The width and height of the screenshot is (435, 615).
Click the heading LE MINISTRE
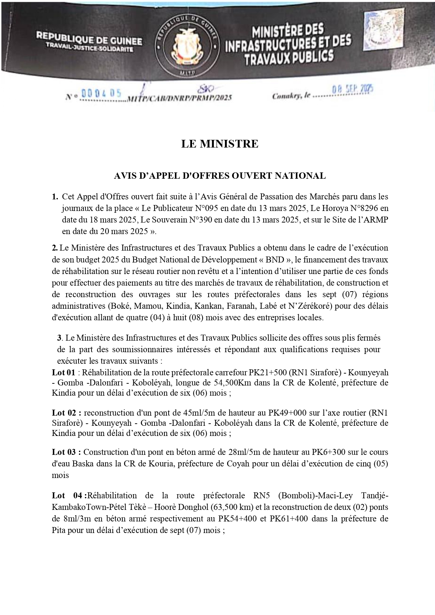pyautogui.click(x=220, y=144)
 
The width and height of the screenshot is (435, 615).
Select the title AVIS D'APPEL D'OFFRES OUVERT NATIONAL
pyautogui.click(x=220, y=176)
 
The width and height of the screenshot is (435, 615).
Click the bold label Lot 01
pyautogui.click(x=63, y=373)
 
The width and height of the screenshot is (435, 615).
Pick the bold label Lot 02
pyautogui.click(x=67, y=412)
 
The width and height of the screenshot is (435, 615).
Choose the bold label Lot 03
pyautogui.click(x=67, y=452)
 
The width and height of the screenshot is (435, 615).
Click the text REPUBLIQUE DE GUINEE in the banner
pyautogui.click(x=89, y=41)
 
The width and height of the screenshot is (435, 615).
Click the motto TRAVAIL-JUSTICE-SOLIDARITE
pyautogui.click(x=89, y=49)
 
